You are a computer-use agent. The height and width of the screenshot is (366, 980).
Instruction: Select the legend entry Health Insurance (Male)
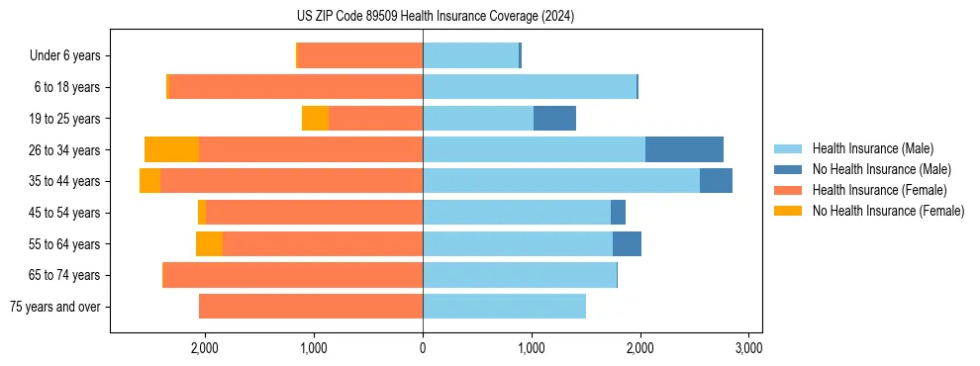click(872, 148)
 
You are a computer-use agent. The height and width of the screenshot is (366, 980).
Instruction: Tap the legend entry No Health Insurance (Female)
click(888, 211)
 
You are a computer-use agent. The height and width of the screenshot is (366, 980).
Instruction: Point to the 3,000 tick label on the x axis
click(749, 348)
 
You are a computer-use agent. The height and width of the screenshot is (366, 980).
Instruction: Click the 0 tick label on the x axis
click(423, 348)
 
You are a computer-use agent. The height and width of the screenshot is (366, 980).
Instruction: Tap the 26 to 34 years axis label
click(65, 150)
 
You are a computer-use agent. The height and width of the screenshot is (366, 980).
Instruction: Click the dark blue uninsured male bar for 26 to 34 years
click(684, 149)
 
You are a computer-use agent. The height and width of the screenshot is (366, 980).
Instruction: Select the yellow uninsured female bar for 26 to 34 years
click(172, 149)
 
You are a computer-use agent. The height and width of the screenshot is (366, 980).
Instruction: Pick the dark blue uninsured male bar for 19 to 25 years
click(554, 119)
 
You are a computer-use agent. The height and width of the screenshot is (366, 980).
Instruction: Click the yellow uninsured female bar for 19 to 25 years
click(315, 119)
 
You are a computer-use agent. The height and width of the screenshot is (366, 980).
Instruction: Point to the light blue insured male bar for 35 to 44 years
click(561, 181)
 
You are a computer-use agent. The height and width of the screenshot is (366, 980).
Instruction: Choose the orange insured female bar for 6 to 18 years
click(296, 87)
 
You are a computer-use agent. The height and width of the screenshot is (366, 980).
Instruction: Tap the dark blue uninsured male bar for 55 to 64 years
click(627, 243)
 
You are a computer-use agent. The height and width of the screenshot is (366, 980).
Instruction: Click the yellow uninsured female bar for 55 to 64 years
click(209, 243)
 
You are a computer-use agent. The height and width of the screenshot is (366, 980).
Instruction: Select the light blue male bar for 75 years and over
click(504, 307)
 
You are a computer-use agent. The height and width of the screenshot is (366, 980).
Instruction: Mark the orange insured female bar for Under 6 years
click(360, 56)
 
